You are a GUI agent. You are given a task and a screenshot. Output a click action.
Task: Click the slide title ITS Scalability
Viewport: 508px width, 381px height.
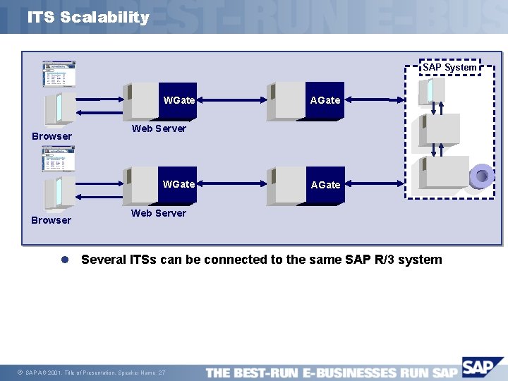88,18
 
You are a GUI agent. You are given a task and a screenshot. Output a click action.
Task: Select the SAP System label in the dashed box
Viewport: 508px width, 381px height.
449,67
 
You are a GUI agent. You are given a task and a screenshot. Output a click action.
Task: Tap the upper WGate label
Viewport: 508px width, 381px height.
179,100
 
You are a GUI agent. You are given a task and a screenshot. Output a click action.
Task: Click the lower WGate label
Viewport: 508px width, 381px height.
179,184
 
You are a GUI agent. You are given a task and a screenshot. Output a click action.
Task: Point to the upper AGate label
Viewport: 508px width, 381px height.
325,100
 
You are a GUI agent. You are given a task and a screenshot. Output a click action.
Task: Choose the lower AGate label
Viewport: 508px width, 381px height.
325,185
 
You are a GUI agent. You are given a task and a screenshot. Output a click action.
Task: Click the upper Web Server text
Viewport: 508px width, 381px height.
159,128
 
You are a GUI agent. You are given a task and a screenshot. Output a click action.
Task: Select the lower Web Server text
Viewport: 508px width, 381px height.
159,213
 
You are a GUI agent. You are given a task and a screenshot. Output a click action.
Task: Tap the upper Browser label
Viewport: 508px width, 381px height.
52,136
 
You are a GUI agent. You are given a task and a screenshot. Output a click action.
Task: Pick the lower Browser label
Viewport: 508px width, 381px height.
51,220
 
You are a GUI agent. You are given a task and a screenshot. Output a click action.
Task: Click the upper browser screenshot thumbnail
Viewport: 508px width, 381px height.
59,74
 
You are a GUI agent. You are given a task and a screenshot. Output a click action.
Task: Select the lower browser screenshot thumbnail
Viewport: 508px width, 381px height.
59,159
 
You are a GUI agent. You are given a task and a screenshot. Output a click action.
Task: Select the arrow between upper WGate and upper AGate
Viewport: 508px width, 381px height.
233,101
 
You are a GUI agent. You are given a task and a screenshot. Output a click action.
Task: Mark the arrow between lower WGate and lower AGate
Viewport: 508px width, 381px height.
233,186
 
